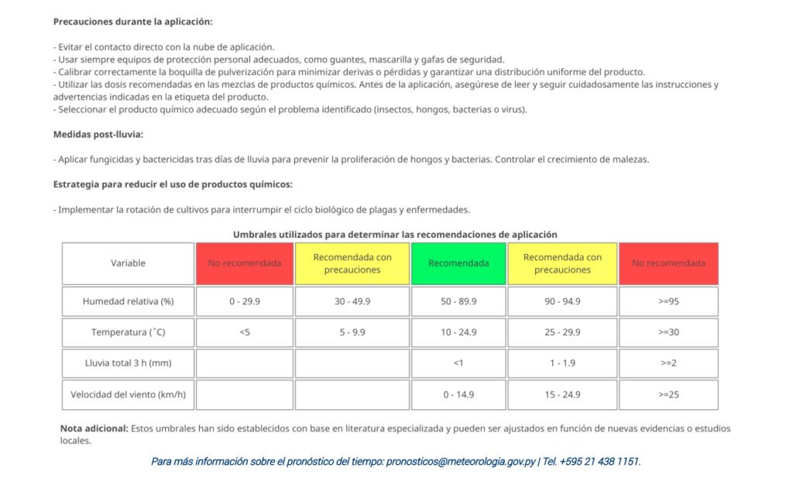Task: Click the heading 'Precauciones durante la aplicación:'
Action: (132, 22)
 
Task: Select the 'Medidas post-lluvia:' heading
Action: (98, 134)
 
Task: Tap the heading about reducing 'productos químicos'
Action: (173, 184)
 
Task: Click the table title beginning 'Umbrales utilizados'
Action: (395, 234)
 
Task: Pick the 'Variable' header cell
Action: (128, 263)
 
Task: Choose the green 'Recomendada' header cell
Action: (458, 263)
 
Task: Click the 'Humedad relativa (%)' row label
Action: (128, 301)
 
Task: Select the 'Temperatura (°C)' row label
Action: (128, 332)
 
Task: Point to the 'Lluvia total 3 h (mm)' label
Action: (128, 363)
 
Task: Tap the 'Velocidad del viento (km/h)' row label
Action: (128, 394)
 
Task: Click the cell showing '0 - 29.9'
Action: (245, 301)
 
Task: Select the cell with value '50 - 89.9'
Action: (458, 301)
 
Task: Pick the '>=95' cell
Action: (668, 301)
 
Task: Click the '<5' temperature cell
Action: (245, 332)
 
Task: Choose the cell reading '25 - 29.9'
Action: (562, 332)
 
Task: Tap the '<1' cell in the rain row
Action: (458, 363)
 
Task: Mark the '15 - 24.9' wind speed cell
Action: (562, 394)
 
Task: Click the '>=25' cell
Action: (668, 394)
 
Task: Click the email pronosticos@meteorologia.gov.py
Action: (461, 462)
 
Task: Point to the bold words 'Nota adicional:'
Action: (94, 428)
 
